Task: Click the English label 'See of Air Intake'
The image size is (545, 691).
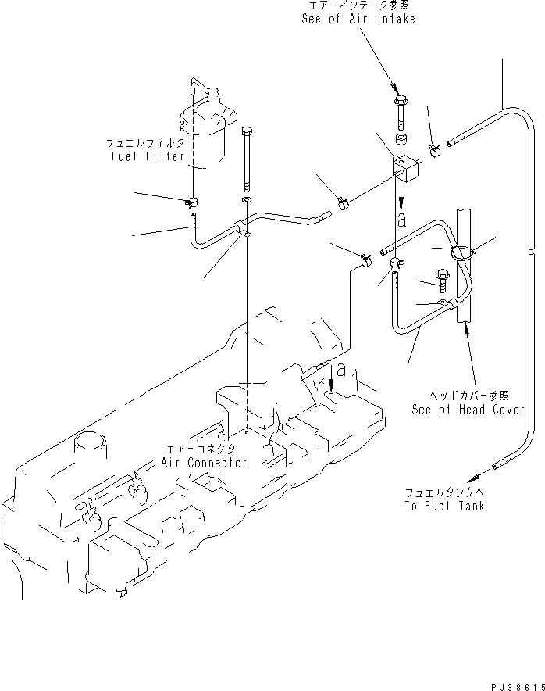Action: tap(358, 19)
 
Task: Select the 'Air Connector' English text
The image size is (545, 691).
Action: tap(204, 462)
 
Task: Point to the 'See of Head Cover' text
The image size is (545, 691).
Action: tap(468, 410)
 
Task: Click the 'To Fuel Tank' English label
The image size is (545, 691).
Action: tap(445, 506)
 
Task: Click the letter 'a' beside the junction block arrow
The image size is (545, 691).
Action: tap(401, 220)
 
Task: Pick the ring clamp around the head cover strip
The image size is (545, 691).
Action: tap(461, 252)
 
